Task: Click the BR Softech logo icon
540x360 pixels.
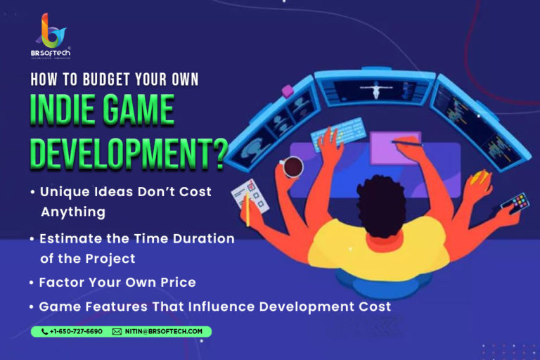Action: tap(51, 30)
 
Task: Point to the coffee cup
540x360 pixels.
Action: tap(292, 167)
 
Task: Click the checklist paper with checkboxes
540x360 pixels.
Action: tap(250, 196)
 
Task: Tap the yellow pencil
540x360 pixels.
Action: tap(247, 209)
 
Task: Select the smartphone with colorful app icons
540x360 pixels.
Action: tap(515, 203)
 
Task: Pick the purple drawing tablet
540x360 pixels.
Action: tap(396, 148)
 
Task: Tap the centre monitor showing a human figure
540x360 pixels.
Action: tap(375, 89)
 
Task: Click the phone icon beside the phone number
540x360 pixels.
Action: tap(44, 331)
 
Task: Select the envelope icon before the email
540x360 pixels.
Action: tap(117, 331)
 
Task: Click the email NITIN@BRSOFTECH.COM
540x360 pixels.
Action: tap(164, 331)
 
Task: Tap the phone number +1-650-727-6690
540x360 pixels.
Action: tap(76, 331)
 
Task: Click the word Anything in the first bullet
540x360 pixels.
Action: tap(73, 212)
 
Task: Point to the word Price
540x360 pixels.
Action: tap(178, 283)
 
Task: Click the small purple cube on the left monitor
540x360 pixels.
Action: tap(287, 91)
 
